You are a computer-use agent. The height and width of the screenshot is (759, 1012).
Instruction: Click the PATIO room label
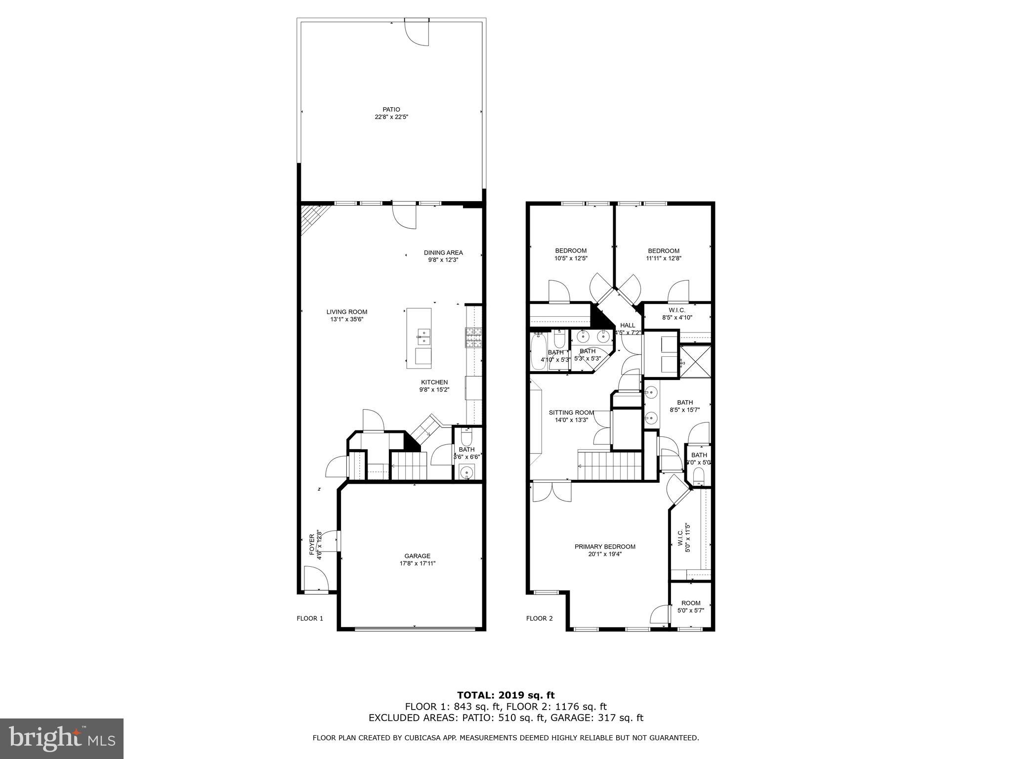pyautogui.click(x=391, y=110)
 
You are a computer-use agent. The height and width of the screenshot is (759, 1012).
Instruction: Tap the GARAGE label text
pyautogui.click(x=417, y=556)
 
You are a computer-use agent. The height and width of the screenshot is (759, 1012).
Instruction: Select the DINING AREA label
pyautogui.click(x=443, y=253)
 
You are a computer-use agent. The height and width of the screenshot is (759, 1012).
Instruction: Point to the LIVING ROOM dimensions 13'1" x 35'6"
pyautogui.click(x=346, y=320)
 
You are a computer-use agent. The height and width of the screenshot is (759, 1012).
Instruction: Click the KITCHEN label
pyautogui.click(x=434, y=382)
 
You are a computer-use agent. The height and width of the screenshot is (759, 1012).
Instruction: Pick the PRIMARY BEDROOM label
pyautogui.click(x=604, y=547)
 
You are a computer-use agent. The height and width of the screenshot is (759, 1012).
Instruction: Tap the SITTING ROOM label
pyautogui.click(x=571, y=413)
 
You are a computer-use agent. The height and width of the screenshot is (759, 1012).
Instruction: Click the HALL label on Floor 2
pyautogui.click(x=627, y=325)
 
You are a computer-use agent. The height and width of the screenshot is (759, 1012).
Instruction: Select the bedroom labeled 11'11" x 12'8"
pyautogui.click(x=663, y=254)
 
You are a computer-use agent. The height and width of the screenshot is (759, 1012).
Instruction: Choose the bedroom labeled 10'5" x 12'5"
pyautogui.click(x=570, y=254)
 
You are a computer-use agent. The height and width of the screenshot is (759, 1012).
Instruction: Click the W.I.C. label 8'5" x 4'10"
pyautogui.click(x=676, y=314)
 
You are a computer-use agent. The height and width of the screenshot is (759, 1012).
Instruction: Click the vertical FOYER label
pyautogui.click(x=312, y=545)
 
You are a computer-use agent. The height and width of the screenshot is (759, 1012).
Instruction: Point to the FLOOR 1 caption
pyautogui.click(x=309, y=618)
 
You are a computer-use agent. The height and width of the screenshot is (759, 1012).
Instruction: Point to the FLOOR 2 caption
pyautogui.click(x=539, y=618)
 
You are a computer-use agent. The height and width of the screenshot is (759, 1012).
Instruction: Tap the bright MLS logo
pyautogui.click(x=61, y=738)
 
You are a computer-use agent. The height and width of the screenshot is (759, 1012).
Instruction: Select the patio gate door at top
pyautogui.click(x=417, y=33)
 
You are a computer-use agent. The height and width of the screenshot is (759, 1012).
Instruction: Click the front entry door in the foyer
pyautogui.click(x=315, y=580)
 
